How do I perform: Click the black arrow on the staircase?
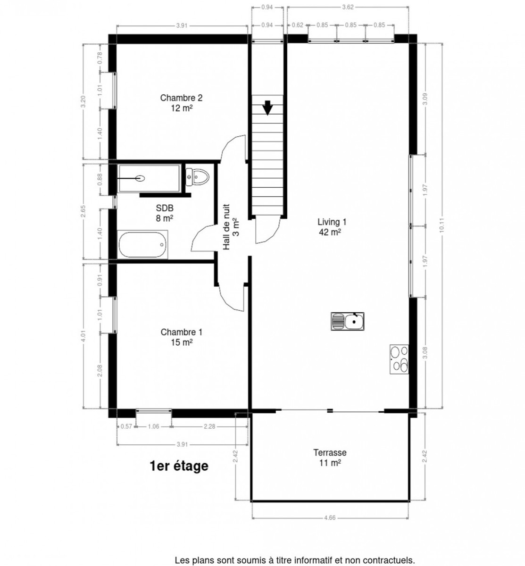click(x=267, y=108)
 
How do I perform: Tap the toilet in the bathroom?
click(x=197, y=177)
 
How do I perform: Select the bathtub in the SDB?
click(x=142, y=244)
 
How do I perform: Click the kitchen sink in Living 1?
click(x=347, y=322)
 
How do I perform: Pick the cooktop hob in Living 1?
click(x=399, y=359)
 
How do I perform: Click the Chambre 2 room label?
click(x=181, y=98)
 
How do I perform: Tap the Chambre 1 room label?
click(x=182, y=333)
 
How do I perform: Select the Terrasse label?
click(x=330, y=452)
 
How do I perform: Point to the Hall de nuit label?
click(x=226, y=227)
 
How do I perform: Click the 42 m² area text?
click(x=330, y=232)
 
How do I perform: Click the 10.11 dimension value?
click(x=442, y=225)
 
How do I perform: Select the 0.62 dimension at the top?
click(x=298, y=25)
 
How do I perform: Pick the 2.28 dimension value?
click(x=209, y=426)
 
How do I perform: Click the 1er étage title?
click(x=179, y=466)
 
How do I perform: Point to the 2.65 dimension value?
click(x=83, y=211)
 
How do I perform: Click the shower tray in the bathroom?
click(x=149, y=178)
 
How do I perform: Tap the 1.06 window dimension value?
click(x=154, y=426)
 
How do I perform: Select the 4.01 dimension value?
click(x=83, y=336)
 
